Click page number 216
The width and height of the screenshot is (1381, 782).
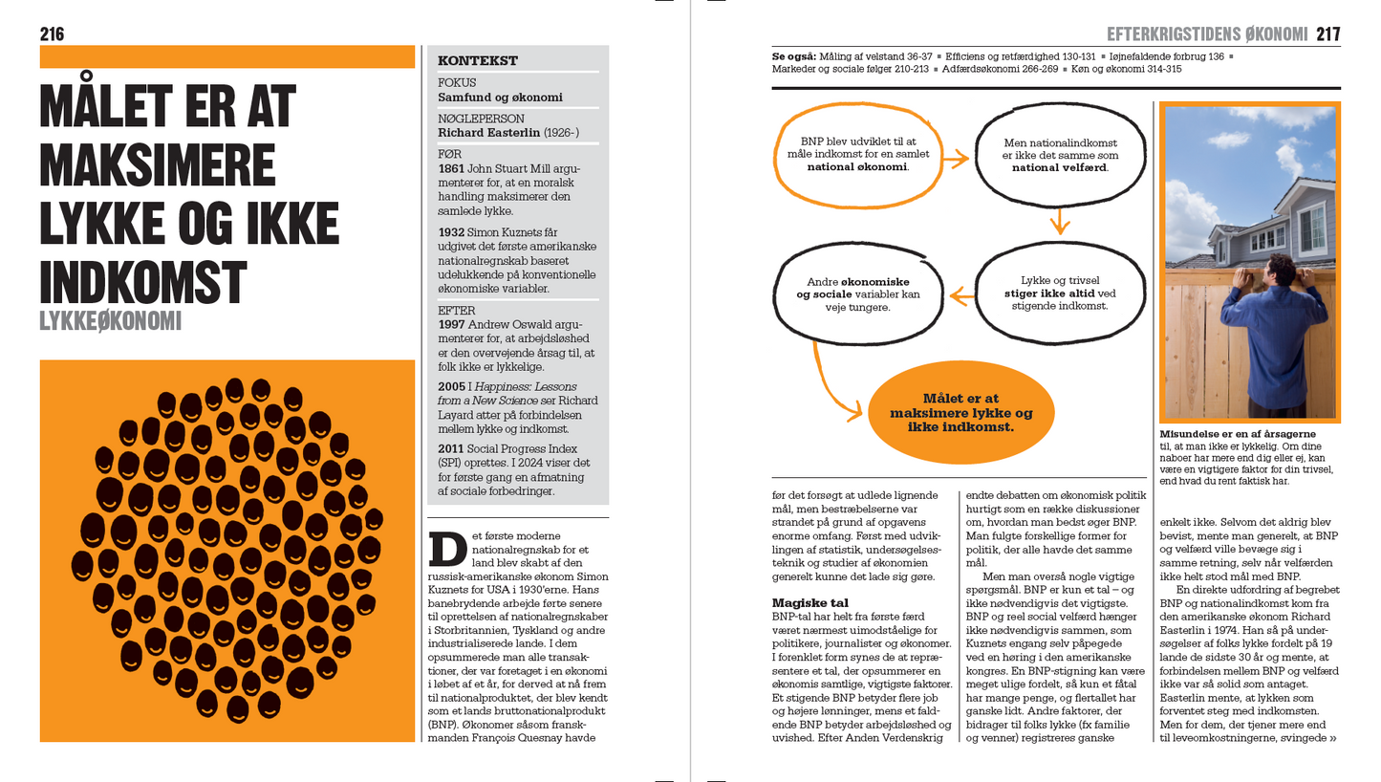(52, 34)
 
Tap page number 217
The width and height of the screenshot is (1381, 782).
(1327, 34)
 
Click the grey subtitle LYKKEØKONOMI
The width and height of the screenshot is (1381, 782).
(110, 321)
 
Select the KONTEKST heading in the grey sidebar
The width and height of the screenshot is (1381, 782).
(478, 61)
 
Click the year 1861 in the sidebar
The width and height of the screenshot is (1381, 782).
(451, 168)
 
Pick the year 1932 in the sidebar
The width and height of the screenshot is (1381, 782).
(451, 232)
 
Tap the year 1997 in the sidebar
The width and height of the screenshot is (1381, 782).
(451, 324)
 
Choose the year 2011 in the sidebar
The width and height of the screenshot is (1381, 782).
(451, 448)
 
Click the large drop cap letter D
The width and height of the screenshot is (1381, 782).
(447, 549)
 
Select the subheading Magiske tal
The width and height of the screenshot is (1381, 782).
(809, 603)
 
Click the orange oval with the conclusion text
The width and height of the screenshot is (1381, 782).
(960, 412)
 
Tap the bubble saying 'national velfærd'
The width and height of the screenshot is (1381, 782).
(1060, 155)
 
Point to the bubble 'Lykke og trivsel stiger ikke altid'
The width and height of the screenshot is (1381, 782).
(1060, 293)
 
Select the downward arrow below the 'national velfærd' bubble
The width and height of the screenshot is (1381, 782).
(1059, 224)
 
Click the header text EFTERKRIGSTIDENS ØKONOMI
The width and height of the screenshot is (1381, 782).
(1206, 34)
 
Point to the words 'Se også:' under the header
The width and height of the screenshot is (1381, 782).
(793, 56)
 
